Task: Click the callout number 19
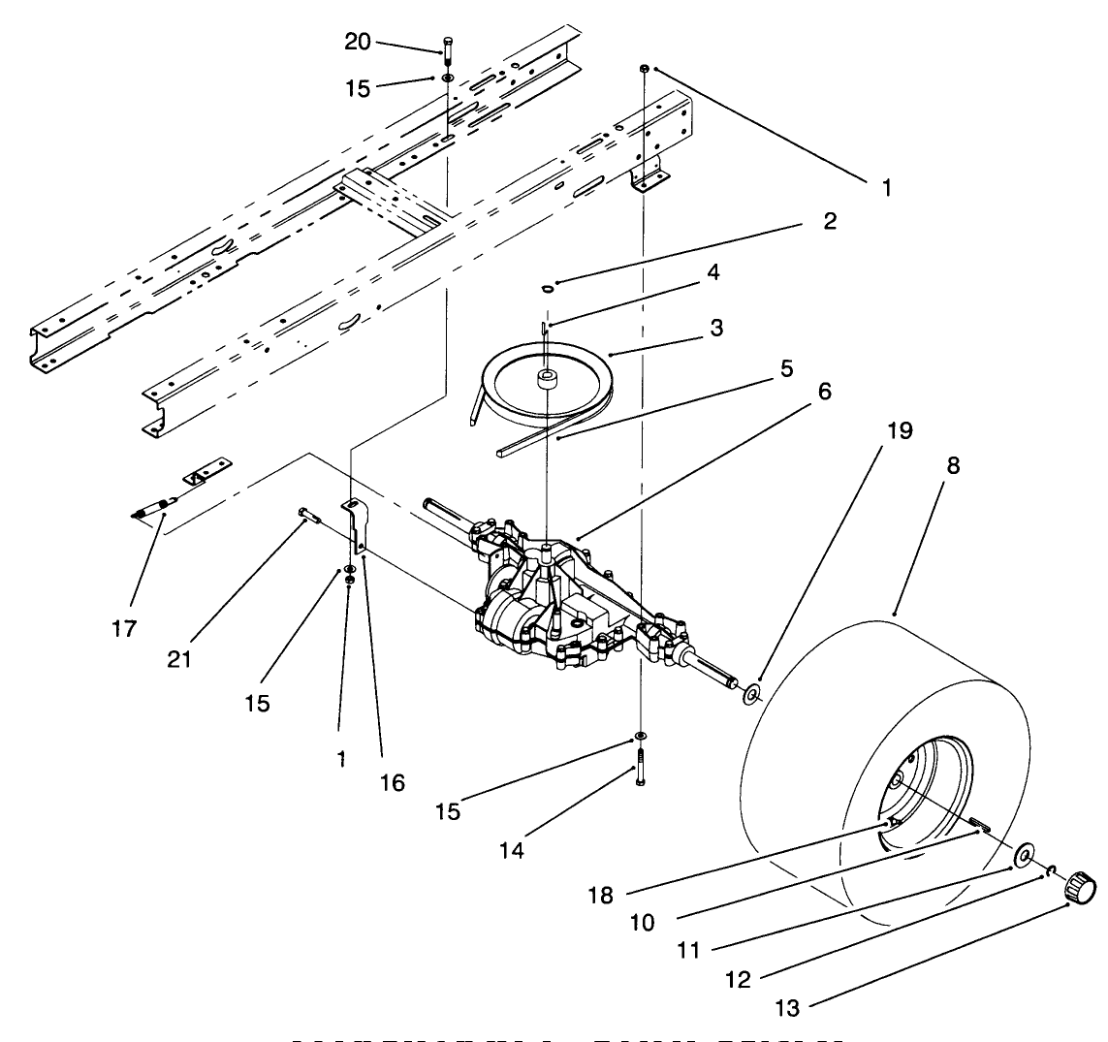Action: [x=901, y=430]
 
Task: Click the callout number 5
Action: [x=786, y=368]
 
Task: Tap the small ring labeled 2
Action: [x=548, y=288]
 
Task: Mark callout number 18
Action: [x=601, y=895]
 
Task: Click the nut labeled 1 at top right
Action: [x=645, y=69]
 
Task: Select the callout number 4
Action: [x=713, y=274]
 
